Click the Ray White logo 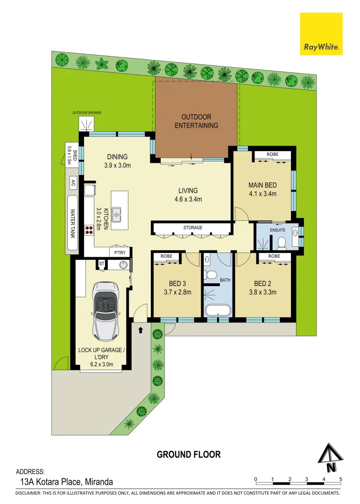[321, 34]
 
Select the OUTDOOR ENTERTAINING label [196, 121]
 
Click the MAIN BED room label [262, 185]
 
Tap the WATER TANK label [72, 223]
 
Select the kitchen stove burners [89, 229]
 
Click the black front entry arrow [141, 330]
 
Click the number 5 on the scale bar [341, 479]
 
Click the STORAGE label [193, 228]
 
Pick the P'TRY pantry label [120, 252]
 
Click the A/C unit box [73, 183]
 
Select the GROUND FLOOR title [189, 454]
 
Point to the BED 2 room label [262, 283]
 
